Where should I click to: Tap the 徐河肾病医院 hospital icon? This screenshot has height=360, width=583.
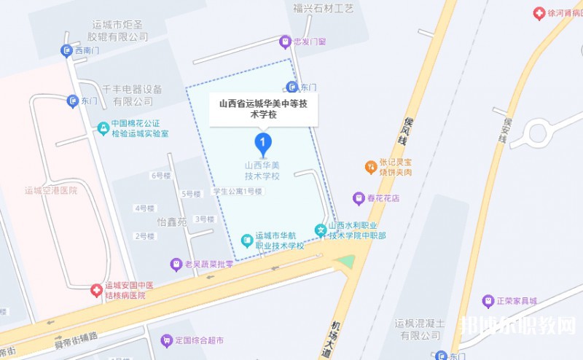click(x=539, y=14)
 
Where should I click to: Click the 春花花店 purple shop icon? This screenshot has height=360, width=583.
click(x=359, y=197)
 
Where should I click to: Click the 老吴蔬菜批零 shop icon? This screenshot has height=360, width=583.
click(x=176, y=264)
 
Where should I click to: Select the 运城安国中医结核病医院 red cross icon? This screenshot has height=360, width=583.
click(x=96, y=290)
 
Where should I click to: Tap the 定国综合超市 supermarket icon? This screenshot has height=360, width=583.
click(x=167, y=340)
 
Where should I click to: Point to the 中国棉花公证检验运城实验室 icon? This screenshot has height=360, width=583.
click(x=103, y=128)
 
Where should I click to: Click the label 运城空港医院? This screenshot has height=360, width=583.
click(x=50, y=191)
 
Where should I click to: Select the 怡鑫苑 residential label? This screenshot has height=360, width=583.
click(x=172, y=222)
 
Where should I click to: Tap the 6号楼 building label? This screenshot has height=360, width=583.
click(x=160, y=176)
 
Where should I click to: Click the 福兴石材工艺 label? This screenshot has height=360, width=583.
click(x=323, y=9)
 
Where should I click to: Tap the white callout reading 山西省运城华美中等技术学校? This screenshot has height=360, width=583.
click(x=263, y=109)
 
